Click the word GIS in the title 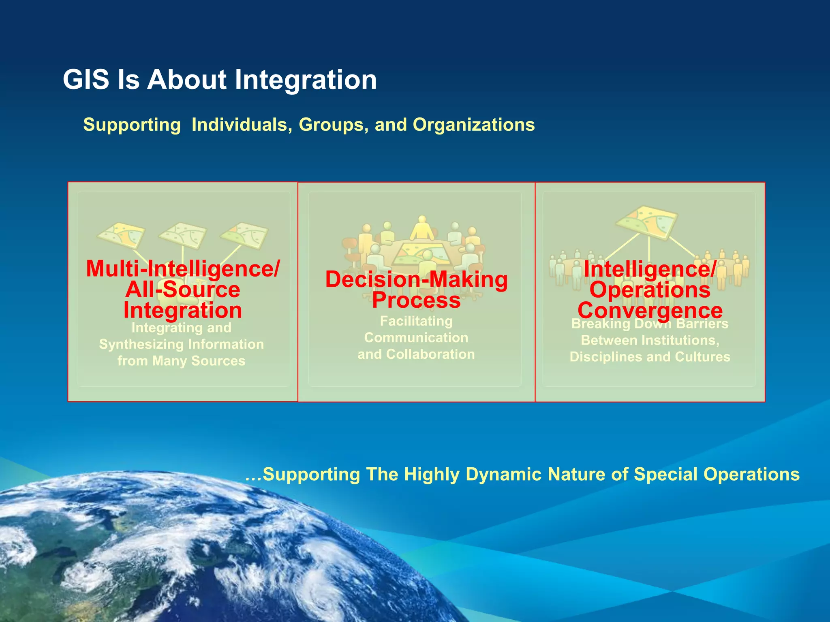tap(86, 79)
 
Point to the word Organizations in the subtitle tap(473, 125)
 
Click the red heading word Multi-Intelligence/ tap(183, 268)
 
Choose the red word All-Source tap(183, 290)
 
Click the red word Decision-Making tap(416, 279)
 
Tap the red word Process tap(416, 300)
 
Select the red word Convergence tap(650, 311)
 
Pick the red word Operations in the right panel tap(650, 290)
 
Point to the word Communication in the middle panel tap(416, 338)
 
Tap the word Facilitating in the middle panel tap(416, 321)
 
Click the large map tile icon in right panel tap(646, 222)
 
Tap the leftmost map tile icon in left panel tap(121, 234)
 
